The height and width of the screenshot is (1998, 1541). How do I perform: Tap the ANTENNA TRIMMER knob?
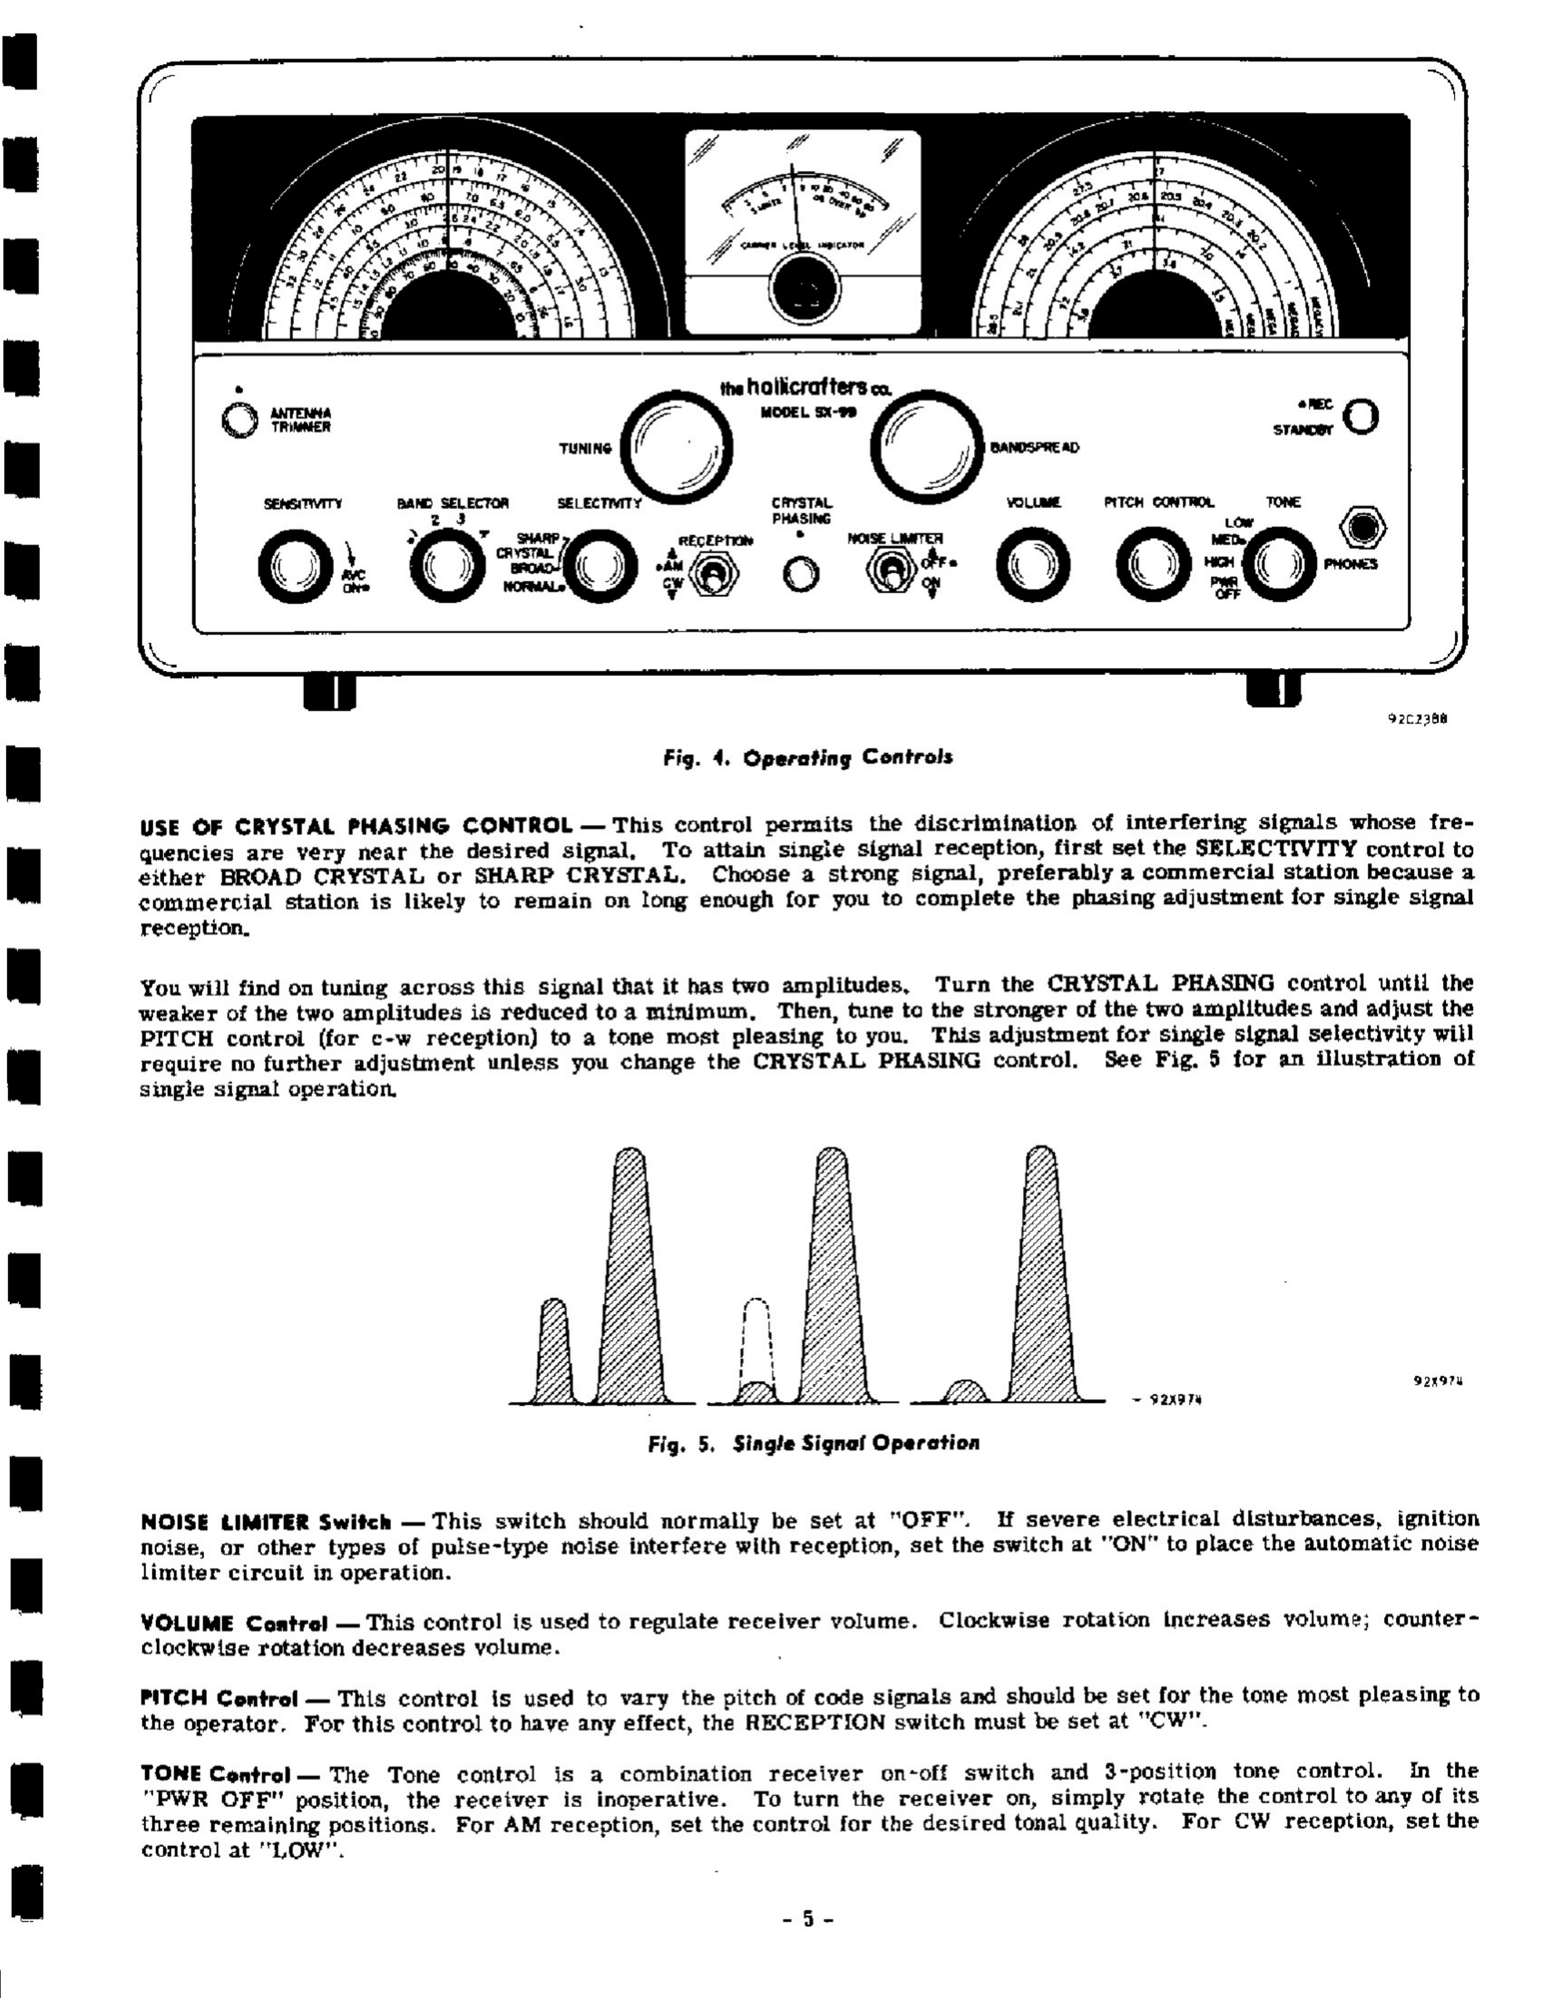[x=240, y=419]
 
